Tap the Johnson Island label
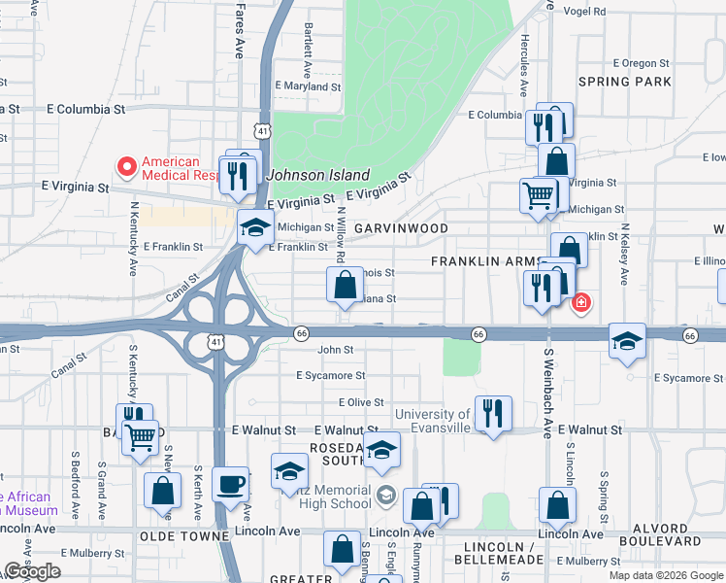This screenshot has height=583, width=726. (x=318, y=176)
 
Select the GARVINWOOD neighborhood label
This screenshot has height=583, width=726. (x=401, y=228)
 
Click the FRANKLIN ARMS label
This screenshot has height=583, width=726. (x=485, y=262)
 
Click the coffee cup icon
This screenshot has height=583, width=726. (x=231, y=483)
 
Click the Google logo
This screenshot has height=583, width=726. (x=33, y=571)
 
